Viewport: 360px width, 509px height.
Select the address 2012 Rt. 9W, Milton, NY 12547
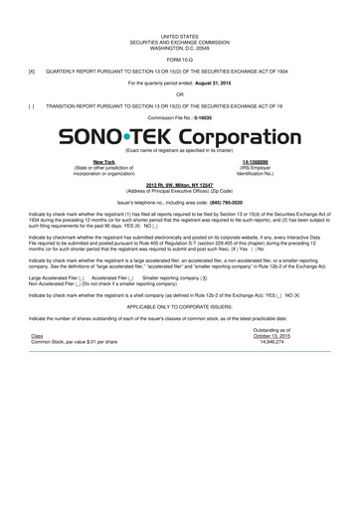[180, 186]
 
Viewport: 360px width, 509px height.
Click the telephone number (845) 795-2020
[220, 201]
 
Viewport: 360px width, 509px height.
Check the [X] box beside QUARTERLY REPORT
[33, 71]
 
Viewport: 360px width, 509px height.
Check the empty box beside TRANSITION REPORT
[33, 106]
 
